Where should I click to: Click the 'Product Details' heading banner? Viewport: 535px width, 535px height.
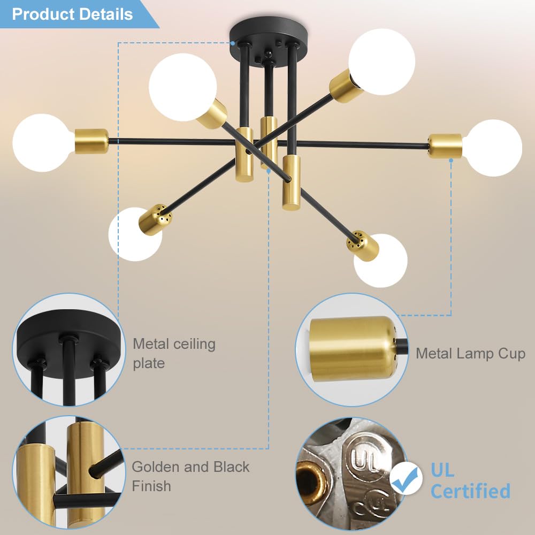coord(72,14)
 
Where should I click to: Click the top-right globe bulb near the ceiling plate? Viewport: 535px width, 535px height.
coord(382,62)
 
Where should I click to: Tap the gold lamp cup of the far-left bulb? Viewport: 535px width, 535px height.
coord(91,141)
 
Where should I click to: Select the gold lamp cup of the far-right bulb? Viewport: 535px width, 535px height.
coord(445,147)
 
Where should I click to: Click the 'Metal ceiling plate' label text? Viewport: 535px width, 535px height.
coord(174,353)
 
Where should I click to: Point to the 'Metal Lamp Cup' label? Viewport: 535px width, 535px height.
coord(470,353)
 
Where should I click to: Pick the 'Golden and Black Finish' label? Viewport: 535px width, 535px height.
coord(190,476)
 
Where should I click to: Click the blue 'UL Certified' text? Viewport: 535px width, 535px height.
coord(469,480)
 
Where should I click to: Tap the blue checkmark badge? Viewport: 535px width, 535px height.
coord(405,478)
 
